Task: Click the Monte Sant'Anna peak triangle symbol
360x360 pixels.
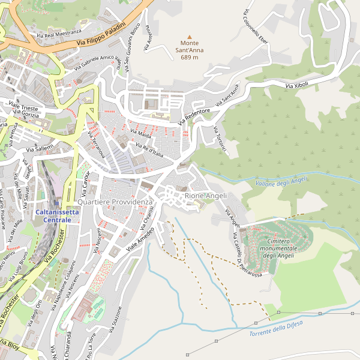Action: tap(190, 37)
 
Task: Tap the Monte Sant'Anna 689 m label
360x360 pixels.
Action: tap(190, 50)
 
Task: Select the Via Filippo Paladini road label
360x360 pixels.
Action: tap(101, 35)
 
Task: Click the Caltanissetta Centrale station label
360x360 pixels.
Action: tap(57, 217)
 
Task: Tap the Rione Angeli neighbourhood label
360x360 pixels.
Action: tap(206, 196)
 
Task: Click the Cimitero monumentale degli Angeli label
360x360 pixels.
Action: tap(279, 248)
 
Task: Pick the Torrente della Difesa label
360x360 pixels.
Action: tap(275, 328)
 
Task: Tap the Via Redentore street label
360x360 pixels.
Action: tap(194, 116)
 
